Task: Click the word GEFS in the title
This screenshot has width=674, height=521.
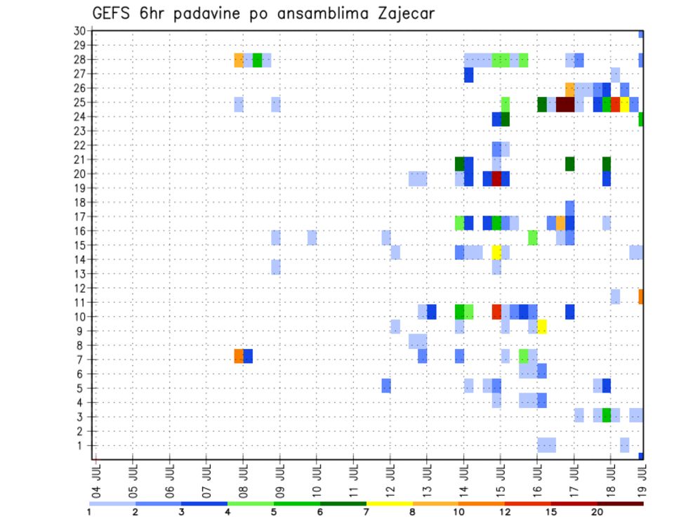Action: tap(110, 13)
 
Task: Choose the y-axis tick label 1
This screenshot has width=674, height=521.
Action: tap(82, 445)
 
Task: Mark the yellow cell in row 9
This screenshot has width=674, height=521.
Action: tap(542, 327)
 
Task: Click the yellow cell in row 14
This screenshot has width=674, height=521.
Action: tap(496, 252)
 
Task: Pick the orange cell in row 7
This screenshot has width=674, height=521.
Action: tap(239, 356)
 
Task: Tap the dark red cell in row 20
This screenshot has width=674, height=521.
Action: tap(496, 178)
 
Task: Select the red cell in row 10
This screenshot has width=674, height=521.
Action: tap(496, 312)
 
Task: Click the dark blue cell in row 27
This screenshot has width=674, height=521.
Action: tap(468, 74)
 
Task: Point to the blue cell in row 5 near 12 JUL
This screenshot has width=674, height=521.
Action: tap(386, 385)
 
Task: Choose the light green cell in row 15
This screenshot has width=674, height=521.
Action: tap(533, 237)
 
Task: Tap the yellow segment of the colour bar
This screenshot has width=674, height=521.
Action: tap(389, 503)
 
